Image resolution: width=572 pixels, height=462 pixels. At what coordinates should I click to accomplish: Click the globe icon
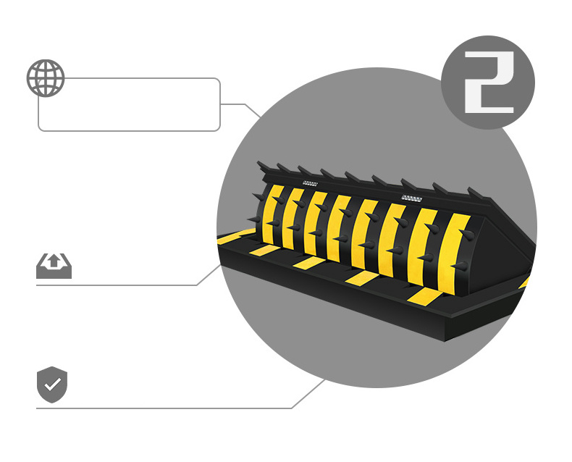[46, 77]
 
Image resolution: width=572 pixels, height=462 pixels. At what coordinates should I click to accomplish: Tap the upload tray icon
[54, 266]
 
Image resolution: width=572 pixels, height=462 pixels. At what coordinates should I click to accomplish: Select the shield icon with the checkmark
[52, 385]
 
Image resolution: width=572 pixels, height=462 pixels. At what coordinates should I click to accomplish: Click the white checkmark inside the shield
[52, 385]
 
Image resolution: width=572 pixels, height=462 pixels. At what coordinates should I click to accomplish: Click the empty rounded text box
[129, 105]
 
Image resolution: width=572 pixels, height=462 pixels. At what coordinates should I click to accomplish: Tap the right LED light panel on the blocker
[411, 198]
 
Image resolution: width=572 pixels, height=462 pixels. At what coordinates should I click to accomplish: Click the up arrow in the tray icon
[54, 262]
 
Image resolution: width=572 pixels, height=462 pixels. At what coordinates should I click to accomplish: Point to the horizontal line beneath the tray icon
[116, 285]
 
